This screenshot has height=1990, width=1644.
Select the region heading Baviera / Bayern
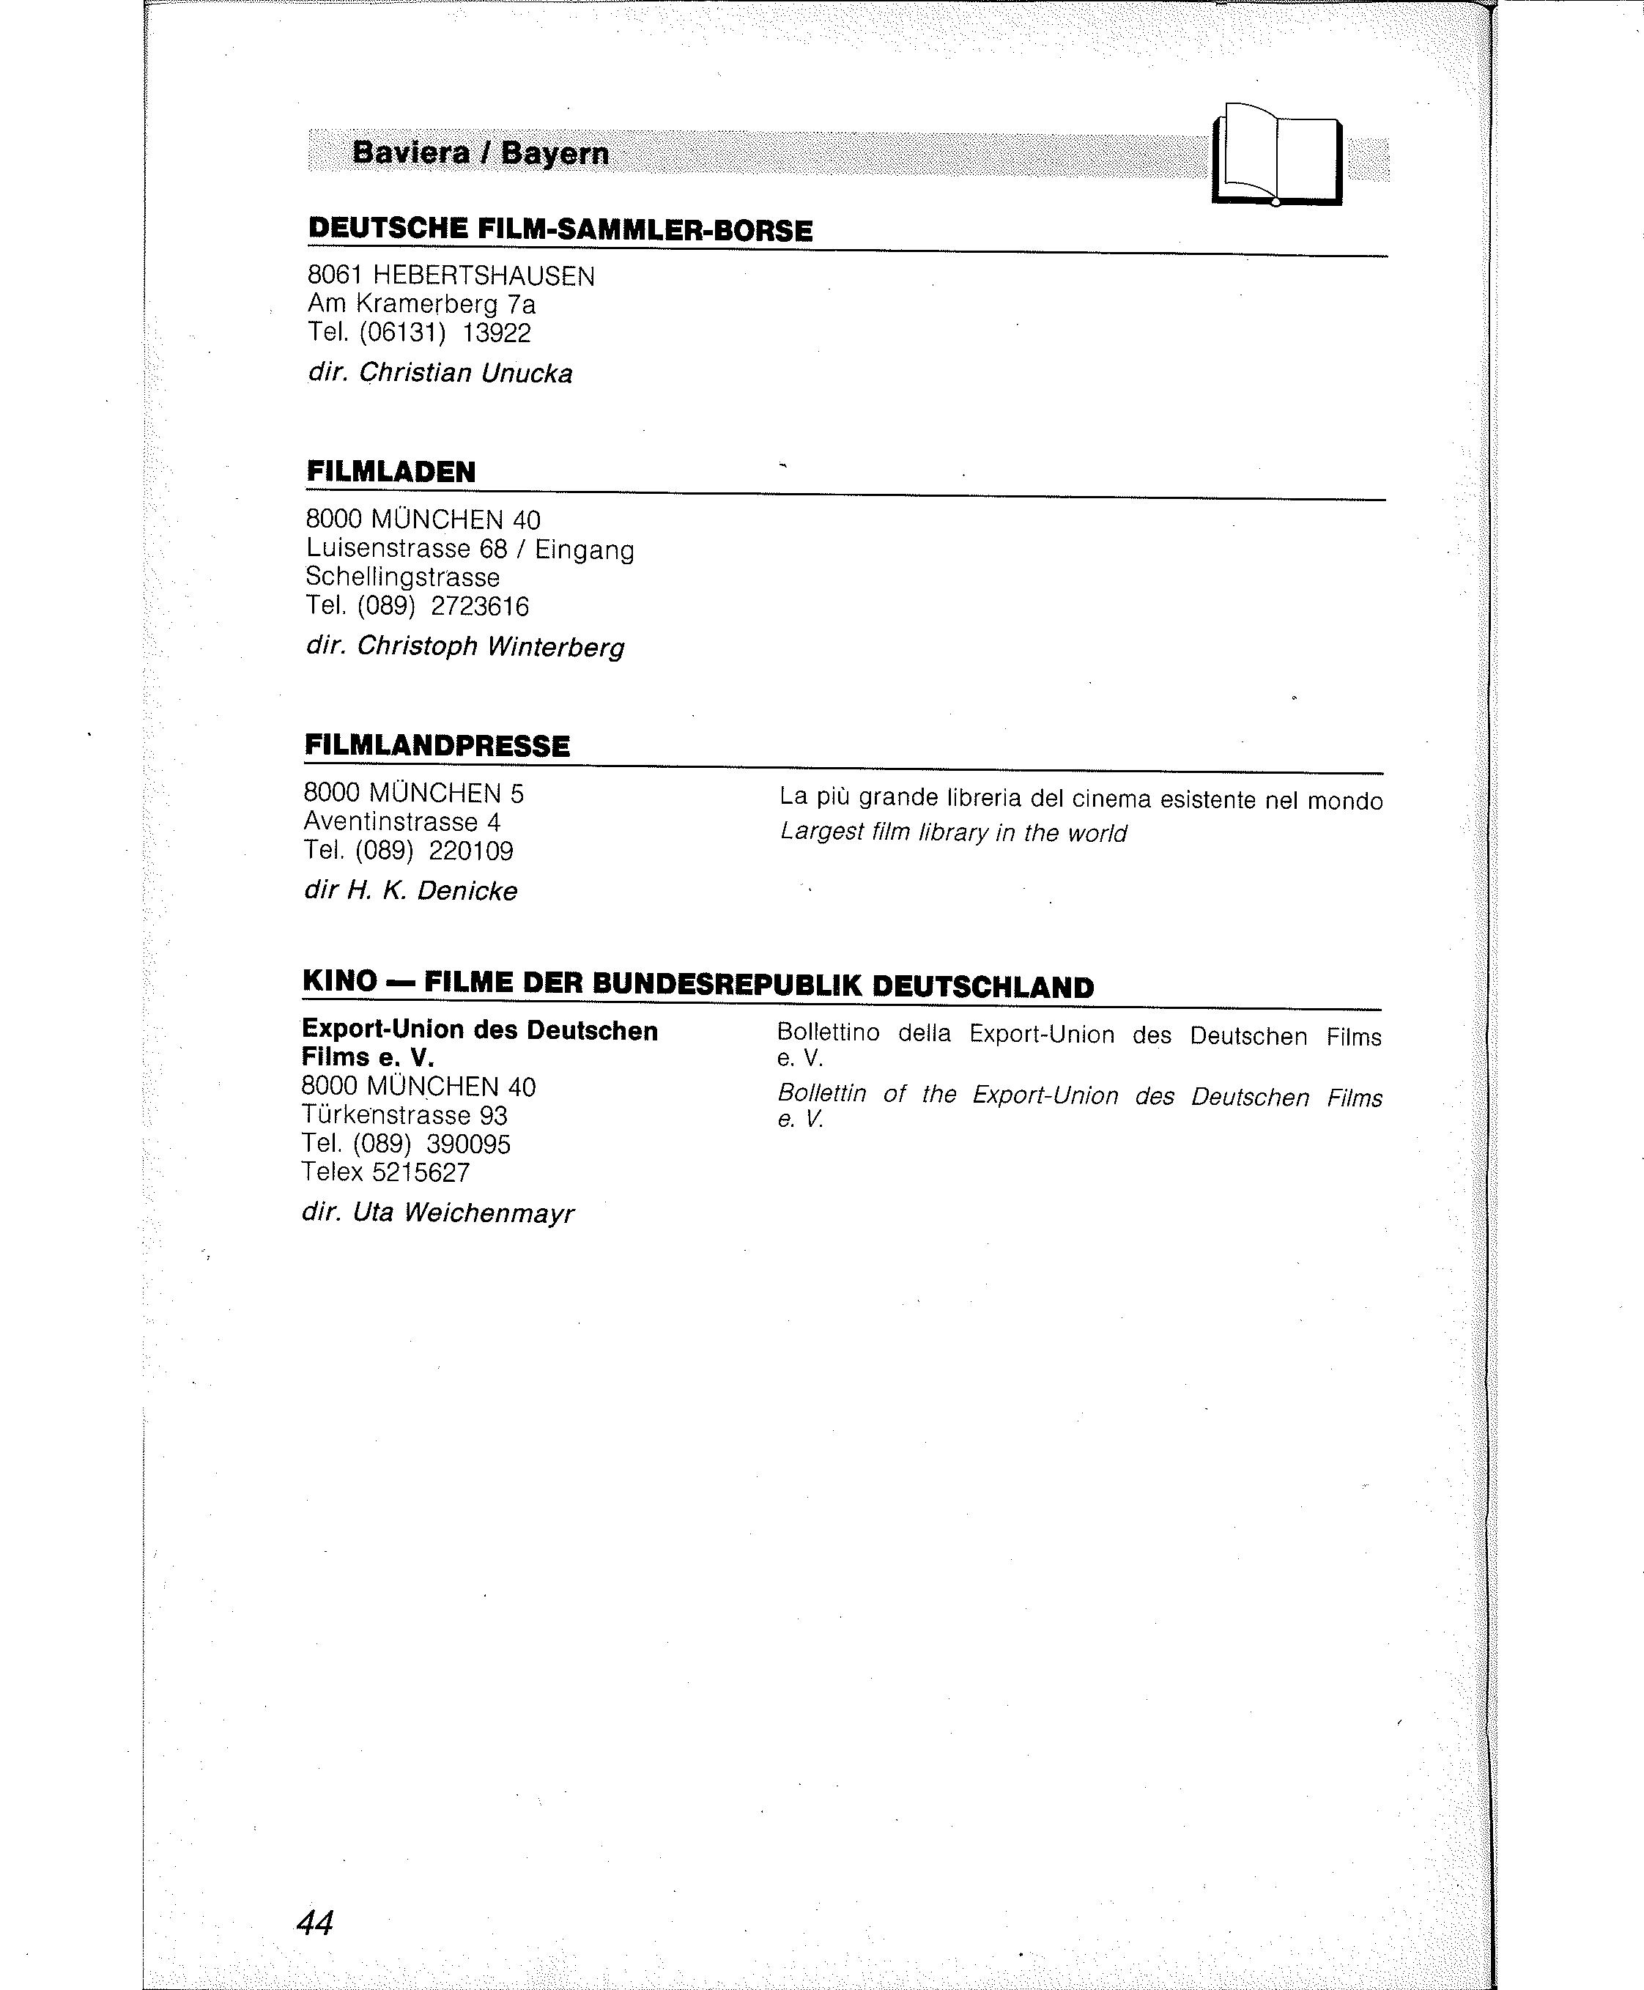coord(480,152)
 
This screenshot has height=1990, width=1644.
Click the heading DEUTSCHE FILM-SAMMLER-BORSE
coord(560,230)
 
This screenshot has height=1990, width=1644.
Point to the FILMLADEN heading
coord(390,472)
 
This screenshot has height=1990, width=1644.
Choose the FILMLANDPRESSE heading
coord(437,745)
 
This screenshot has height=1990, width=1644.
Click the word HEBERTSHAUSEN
coord(484,275)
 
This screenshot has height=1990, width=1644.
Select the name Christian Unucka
coord(465,373)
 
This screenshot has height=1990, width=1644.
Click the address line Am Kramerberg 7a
coord(421,304)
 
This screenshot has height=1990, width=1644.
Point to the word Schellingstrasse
coord(402,577)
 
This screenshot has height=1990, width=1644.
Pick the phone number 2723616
coord(480,606)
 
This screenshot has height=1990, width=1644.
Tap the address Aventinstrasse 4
coord(401,821)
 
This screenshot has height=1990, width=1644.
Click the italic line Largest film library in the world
coord(952,832)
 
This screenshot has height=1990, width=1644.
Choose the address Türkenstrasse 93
coord(404,1115)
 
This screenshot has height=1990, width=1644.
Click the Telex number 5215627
coord(421,1172)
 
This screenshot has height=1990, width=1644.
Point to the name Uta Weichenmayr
coord(463,1213)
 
